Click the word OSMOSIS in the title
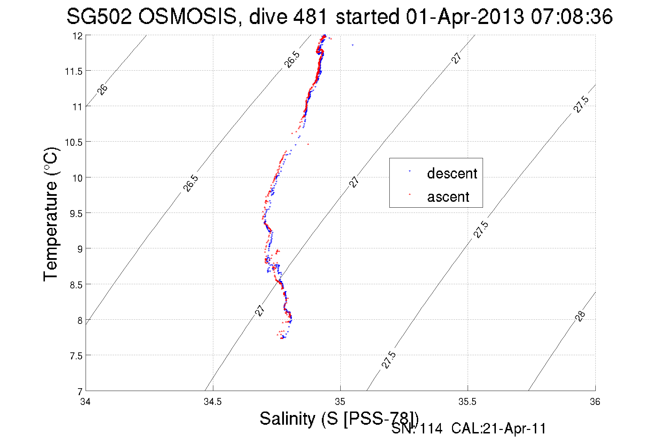pyautogui.click(x=188, y=16)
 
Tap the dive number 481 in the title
pyautogui.click(x=310, y=16)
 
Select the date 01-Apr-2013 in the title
pyautogui.click(x=465, y=16)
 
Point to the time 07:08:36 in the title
pyautogui.click(x=571, y=16)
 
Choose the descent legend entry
pyautogui.click(x=452, y=173)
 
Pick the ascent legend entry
pyautogui.click(x=448, y=197)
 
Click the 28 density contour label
pyautogui.click(x=580, y=316)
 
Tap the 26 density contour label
pyautogui.click(x=102, y=89)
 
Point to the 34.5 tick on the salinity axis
pyautogui.click(x=213, y=401)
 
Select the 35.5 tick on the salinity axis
pyautogui.click(x=467, y=401)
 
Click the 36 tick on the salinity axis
pyautogui.click(x=595, y=401)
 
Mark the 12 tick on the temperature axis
pyautogui.click(x=78, y=36)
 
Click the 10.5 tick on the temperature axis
pyautogui.click(x=74, y=142)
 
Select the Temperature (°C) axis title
pyautogui.click(x=51, y=214)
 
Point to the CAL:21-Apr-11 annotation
pyautogui.click(x=499, y=429)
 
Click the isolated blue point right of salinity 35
pyautogui.click(x=352, y=45)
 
